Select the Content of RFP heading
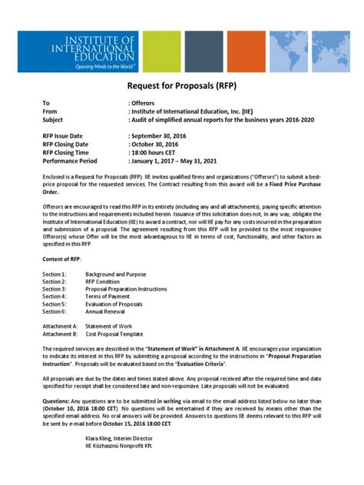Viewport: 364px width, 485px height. [x=61, y=260]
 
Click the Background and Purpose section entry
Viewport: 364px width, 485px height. [x=115, y=275]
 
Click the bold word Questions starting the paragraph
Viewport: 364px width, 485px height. [x=56, y=400]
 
